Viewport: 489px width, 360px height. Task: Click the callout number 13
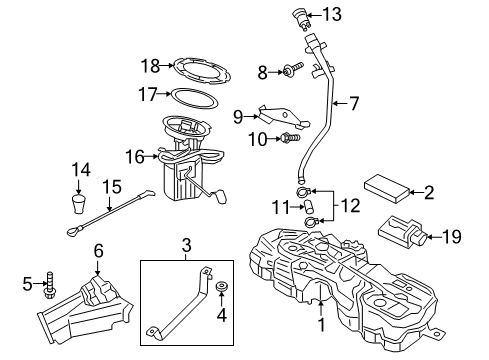point(331,14)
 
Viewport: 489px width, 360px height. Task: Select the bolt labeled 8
point(290,72)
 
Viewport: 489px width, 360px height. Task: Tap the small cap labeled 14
point(79,206)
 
